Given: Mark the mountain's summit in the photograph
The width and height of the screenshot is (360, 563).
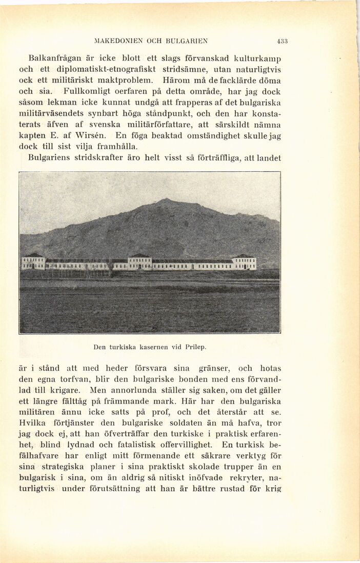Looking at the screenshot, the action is click(165, 200).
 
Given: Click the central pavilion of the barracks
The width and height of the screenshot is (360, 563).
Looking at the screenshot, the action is click(139, 262).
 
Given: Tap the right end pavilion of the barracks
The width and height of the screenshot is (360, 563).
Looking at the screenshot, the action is click(244, 262).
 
